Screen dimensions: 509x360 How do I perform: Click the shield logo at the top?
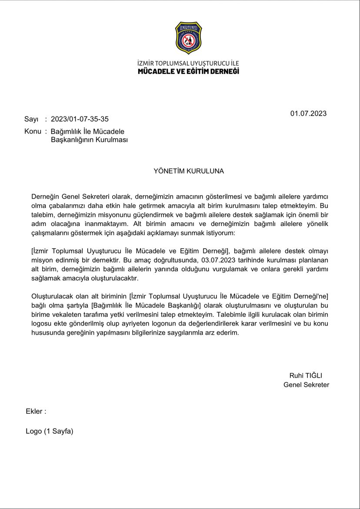(188, 39)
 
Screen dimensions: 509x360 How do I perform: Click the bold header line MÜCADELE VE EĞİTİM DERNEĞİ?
(188, 71)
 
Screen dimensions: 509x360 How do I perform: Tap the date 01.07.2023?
(308, 113)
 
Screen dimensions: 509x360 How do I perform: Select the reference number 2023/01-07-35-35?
(80, 119)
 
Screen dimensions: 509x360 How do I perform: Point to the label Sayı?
(31, 119)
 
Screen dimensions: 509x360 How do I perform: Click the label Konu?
(33, 131)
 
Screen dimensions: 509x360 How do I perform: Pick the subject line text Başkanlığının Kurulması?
(89, 140)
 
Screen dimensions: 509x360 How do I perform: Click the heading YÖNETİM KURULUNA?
(188, 171)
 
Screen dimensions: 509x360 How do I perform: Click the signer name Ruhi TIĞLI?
(306, 376)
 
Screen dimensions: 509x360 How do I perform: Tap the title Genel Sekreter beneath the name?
(306, 385)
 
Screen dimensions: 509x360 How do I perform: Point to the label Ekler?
(36, 411)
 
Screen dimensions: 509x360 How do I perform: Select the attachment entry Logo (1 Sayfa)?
(50, 431)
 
